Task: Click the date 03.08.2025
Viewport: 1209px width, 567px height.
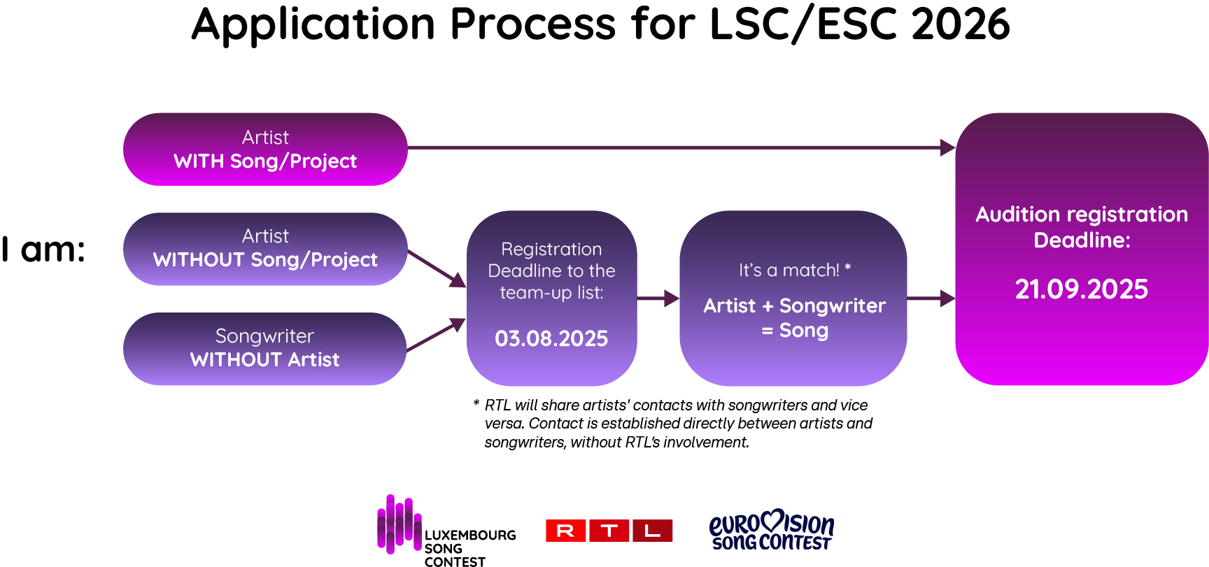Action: point(551,338)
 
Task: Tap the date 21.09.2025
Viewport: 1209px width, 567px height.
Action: point(1081,289)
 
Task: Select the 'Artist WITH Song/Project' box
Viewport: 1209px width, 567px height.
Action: point(265,149)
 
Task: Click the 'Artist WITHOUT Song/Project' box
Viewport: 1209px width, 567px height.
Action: point(265,248)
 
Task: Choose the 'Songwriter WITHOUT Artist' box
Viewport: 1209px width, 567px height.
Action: point(265,348)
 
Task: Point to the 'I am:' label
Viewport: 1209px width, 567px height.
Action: point(43,250)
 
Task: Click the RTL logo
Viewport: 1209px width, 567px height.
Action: point(609,531)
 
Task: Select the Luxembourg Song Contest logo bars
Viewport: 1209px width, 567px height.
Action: point(399,524)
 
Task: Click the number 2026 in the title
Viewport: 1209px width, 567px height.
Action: point(961,24)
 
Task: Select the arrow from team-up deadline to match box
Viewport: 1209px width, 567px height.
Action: point(658,299)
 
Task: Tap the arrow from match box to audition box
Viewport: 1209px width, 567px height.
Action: point(931,299)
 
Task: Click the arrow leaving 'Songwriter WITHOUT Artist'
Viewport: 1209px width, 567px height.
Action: point(435,335)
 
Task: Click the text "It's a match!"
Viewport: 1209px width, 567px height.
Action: point(789,270)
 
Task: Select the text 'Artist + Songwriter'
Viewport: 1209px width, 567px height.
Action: point(794,306)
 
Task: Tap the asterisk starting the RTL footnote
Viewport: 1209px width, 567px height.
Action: point(476,403)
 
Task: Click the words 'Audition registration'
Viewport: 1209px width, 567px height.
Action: point(1082,214)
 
